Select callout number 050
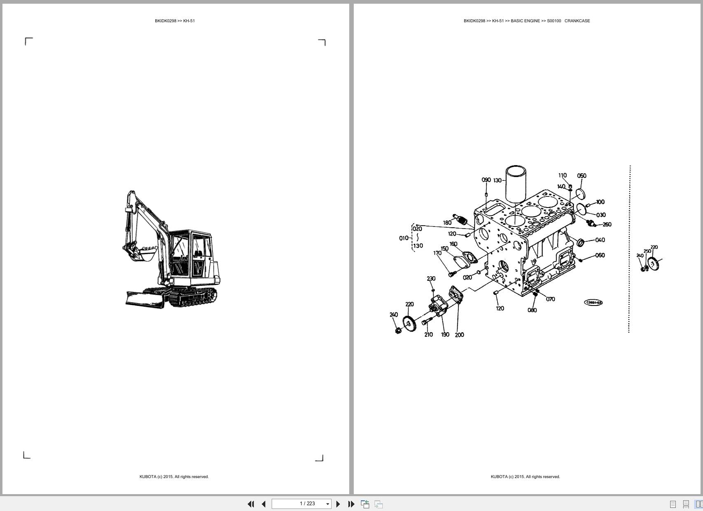tap(582, 176)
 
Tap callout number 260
tap(607, 224)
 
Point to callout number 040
tap(600, 240)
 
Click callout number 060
tap(600, 255)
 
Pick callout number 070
tap(550, 299)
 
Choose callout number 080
tap(532, 310)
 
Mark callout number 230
tap(431, 279)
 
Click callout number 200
tap(459, 335)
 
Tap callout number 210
tap(428, 335)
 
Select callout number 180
tap(447, 223)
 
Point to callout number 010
tap(404, 238)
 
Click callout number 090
tap(486, 180)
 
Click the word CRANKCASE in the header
tap(577, 21)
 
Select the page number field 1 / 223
tap(301, 504)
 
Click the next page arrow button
tap(338, 504)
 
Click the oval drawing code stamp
tap(593, 303)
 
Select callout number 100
tap(600, 202)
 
